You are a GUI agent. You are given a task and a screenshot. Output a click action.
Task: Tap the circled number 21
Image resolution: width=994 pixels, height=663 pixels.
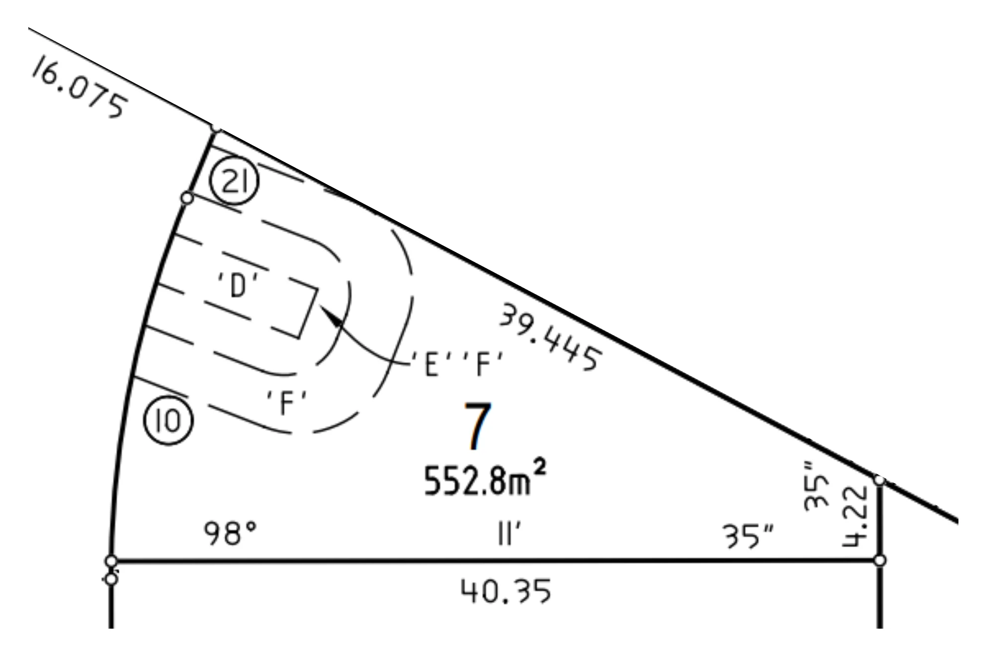[x=234, y=181]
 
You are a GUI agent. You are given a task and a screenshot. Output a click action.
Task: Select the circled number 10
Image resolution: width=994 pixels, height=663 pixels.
[x=168, y=421]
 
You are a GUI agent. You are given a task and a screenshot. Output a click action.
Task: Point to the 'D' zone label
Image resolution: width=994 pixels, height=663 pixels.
[x=239, y=285]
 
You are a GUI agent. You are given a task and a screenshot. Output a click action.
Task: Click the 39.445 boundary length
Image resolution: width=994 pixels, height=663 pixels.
[x=551, y=337]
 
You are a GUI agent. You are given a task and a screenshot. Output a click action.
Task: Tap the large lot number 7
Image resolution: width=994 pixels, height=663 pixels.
[x=477, y=426]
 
